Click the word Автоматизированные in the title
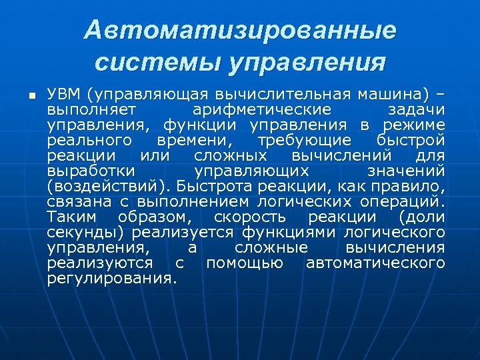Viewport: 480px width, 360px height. coord(240,30)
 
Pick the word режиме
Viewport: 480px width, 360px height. coord(414,125)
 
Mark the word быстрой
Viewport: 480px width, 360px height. coord(419,141)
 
